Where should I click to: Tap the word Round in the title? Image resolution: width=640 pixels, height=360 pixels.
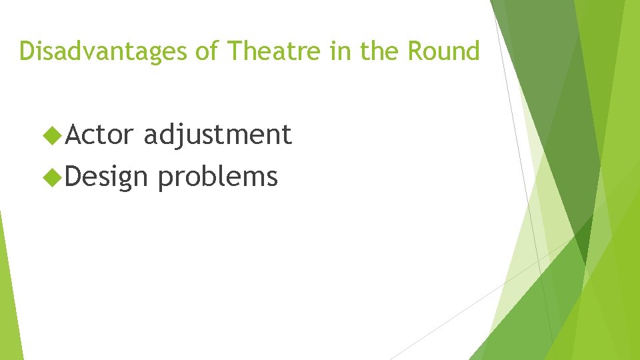(x=443, y=51)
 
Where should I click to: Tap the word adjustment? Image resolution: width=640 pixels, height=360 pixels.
(x=218, y=135)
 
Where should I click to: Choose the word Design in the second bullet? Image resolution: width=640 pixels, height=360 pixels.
(x=108, y=177)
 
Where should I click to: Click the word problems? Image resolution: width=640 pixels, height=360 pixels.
(x=218, y=177)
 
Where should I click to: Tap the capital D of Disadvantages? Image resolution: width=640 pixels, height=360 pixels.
(x=27, y=51)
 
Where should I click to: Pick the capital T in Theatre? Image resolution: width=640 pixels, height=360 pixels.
(x=234, y=51)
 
